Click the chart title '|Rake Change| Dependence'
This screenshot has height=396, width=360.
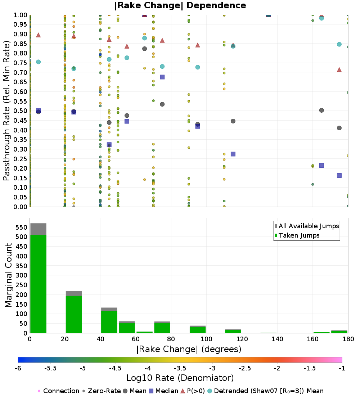pos(180,5)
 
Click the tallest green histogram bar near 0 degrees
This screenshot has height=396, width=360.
pos(39,284)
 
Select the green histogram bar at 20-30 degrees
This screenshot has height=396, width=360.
pos(74,314)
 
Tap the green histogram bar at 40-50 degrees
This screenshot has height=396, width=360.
pos(109,322)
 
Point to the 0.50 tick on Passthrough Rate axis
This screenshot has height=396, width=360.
pos(20,111)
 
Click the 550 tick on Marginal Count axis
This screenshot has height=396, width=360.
pos(22,227)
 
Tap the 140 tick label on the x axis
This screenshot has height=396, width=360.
pos(278,339)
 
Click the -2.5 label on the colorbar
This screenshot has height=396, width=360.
pos(245,368)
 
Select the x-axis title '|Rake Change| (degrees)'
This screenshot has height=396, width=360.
pos(189,349)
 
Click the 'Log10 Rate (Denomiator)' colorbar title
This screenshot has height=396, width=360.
pos(180,378)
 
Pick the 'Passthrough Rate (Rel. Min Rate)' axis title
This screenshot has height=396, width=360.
pos(6,111)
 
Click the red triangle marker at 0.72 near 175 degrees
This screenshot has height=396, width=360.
pos(339,70)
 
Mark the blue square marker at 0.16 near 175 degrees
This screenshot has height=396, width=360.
pos(339,176)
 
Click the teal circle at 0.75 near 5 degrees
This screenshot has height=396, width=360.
pos(39,62)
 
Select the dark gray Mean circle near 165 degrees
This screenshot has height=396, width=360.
pos(321,111)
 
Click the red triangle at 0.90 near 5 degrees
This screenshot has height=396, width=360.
pos(39,35)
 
